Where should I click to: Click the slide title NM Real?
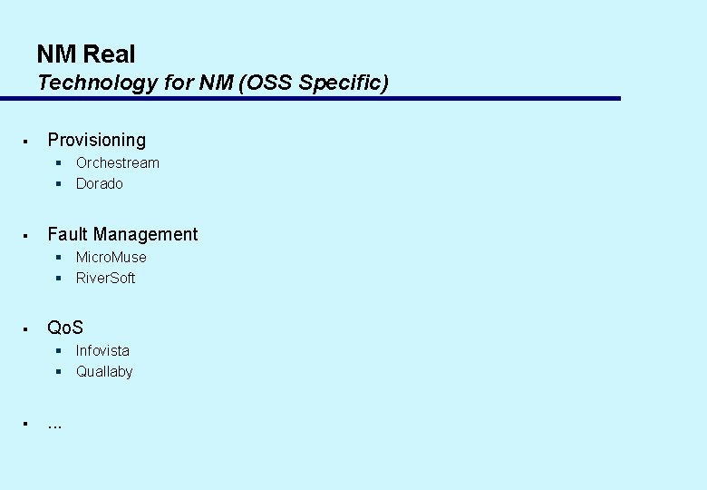tap(86, 54)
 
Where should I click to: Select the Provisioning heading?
tap(96, 140)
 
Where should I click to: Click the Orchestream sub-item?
tap(117, 163)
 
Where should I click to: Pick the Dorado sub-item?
tap(99, 184)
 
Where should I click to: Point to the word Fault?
tap(67, 234)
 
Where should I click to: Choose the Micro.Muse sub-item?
tap(111, 258)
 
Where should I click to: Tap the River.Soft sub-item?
tap(105, 279)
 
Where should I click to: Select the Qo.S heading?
tap(65, 328)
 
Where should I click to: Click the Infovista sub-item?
tap(102, 351)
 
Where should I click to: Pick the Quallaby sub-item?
tap(104, 372)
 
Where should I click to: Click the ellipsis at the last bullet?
tap(54, 425)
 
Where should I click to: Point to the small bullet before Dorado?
tap(57, 184)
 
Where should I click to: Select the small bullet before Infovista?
tap(57, 351)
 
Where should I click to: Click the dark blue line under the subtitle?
tap(326, 98)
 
